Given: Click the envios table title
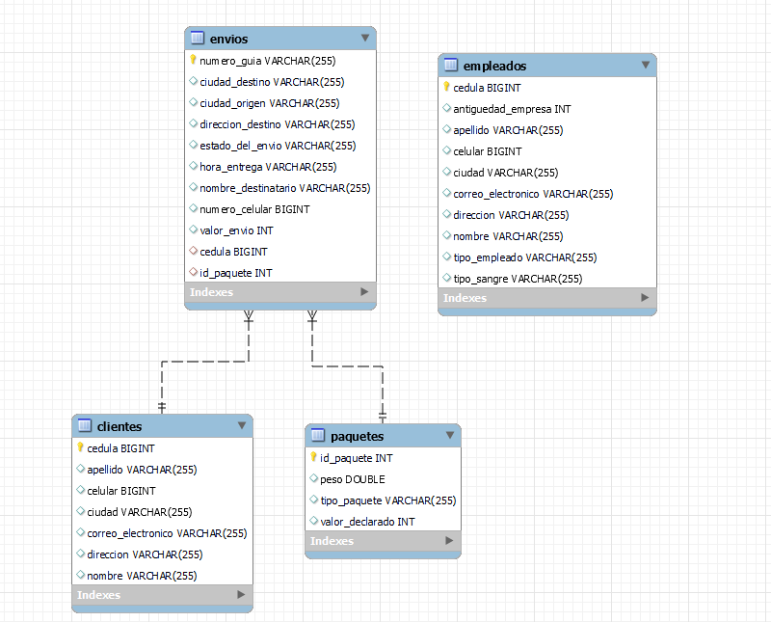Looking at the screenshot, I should (x=229, y=39).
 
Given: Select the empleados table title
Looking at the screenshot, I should (x=494, y=66).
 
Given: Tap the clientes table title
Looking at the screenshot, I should (x=120, y=426).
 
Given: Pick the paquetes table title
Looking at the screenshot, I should (x=357, y=436).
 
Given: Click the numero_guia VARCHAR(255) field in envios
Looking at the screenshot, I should (x=267, y=61).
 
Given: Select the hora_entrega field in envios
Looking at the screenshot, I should (x=268, y=167).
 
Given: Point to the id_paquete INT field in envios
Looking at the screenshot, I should (x=235, y=273).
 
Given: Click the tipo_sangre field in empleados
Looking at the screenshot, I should (x=518, y=279).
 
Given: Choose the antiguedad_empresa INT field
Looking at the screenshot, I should (x=512, y=109).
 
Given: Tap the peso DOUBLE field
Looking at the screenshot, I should (x=352, y=479).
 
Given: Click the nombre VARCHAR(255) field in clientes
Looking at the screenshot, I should (x=142, y=576).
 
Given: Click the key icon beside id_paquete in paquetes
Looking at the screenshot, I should (x=313, y=458).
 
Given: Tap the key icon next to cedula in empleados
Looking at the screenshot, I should (x=446, y=87).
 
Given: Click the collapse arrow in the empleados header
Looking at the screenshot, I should (x=646, y=66).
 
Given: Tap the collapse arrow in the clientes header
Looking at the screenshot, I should (x=242, y=425).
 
